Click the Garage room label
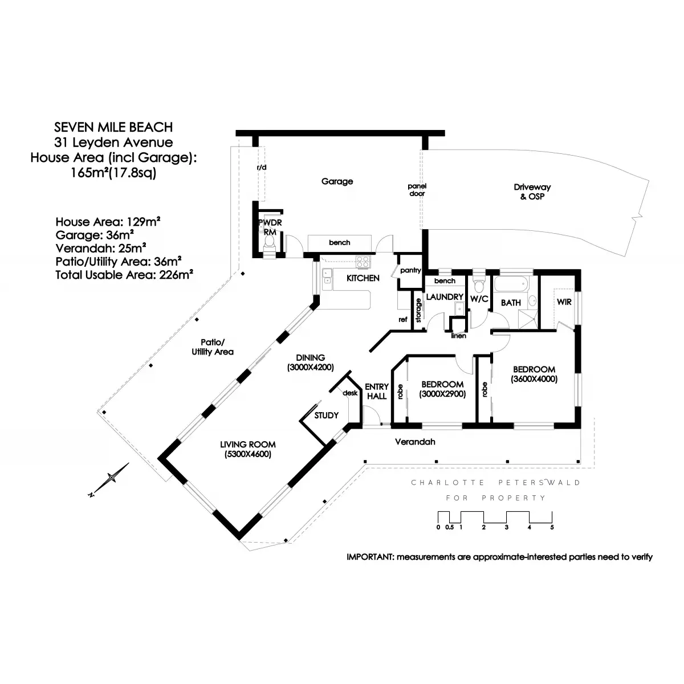pyautogui.click(x=337, y=181)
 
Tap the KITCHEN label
pyautogui.click(x=363, y=278)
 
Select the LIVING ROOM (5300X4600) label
pyautogui.click(x=248, y=449)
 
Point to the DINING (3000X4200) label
pyautogui.click(x=310, y=363)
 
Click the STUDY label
pyautogui.click(x=326, y=416)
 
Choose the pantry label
pyautogui.click(x=410, y=270)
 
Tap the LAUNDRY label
pyautogui.click(x=445, y=297)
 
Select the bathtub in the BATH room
pyautogui.click(x=511, y=284)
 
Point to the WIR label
pyautogui.click(x=564, y=302)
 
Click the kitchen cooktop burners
pyautogui.click(x=363, y=262)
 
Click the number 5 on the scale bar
pyautogui.click(x=552, y=527)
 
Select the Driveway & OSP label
pyautogui.click(x=532, y=192)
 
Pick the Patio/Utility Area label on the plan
pyautogui.click(x=213, y=347)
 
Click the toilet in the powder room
pyautogui.click(x=270, y=242)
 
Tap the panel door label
pyautogui.click(x=417, y=190)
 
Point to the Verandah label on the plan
pyautogui.click(x=415, y=442)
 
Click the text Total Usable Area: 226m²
pyautogui.click(x=124, y=275)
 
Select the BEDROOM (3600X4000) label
pyautogui.click(x=534, y=374)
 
